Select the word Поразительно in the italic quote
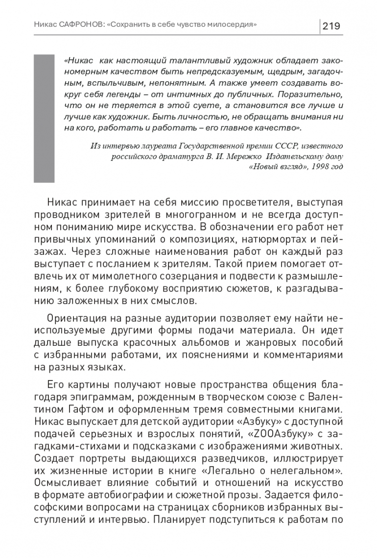tap(314, 93)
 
